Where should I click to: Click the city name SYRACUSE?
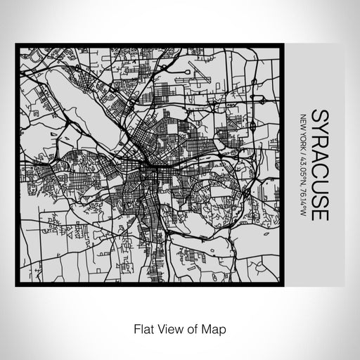coord(319,165)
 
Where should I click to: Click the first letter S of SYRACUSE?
coord(319,115)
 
